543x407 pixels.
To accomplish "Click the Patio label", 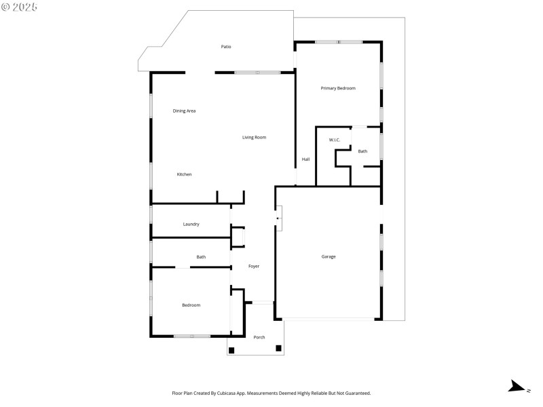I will [x=226, y=47].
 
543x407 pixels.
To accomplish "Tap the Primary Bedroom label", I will [x=338, y=88].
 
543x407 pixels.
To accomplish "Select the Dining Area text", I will [x=184, y=111].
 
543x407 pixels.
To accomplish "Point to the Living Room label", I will [x=254, y=137].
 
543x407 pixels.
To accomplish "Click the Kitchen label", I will [x=184, y=174].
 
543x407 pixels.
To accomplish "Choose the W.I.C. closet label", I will [x=334, y=140].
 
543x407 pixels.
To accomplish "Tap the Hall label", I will [x=305, y=159].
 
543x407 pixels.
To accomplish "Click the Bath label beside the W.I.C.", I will [x=362, y=151].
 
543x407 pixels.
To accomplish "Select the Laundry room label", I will [x=191, y=224].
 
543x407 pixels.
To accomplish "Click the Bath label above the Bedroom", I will [x=201, y=257].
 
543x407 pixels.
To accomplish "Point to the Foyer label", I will [x=253, y=266].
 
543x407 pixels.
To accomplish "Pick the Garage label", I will [x=329, y=256].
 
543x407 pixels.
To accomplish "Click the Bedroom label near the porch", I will [x=191, y=305].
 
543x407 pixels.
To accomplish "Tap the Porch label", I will [x=259, y=337].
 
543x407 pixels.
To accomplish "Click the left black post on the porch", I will [x=231, y=350].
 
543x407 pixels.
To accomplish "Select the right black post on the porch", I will [x=278, y=348].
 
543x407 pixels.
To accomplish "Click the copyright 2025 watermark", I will [x=20, y=7].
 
